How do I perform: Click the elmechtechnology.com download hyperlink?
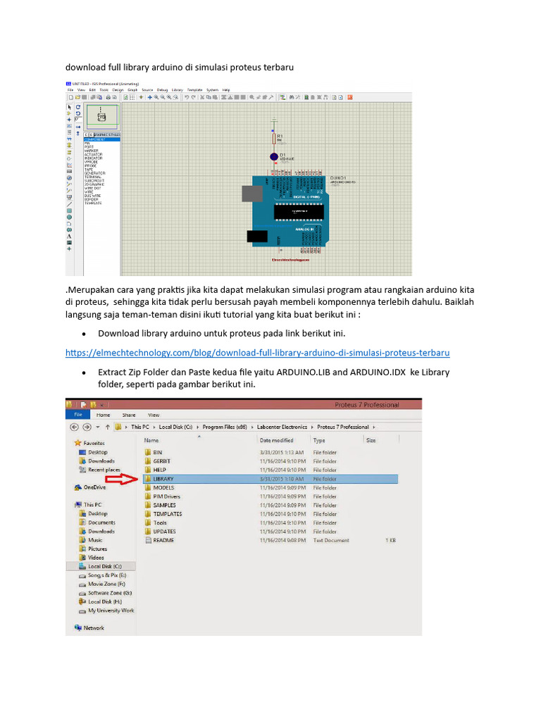pyautogui.click(x=257, y=352)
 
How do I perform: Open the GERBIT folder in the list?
pyautogui.click(x=162, y=461)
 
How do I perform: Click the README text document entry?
pyautogui.click(x=163, y=540)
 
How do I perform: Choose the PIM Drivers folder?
pyautogui.click(x=166, y=496)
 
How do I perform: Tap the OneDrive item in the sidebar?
pyautogui.click(x=94, y=487)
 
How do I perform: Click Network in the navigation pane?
pyautogui.click(x=94, y=627)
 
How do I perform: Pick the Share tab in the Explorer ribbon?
pyautogui.click(x=128, y=415)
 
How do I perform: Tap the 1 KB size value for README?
pyautogui.click(x=390, y=540)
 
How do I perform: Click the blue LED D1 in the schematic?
pyautogui.click(x=273, y=156)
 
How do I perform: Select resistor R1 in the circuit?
pyautogui.click(x=273, y=139)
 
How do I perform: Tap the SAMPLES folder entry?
pyautogui.click(x=164, y=505)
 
